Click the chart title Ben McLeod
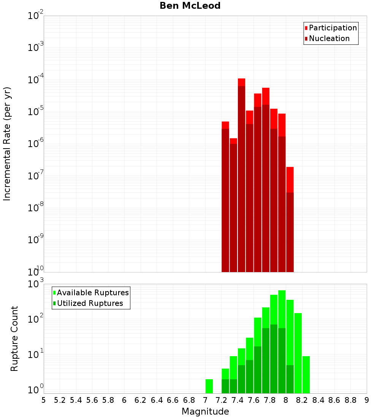pos(190,6)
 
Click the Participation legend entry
pos(332,28)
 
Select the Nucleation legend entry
pos(329,38)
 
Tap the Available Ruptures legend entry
pos(92,293)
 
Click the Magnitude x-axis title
pos(205,412)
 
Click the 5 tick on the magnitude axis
pos(44,400)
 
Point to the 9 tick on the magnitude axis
pos(367,400)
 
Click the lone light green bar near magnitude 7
pos(209,386)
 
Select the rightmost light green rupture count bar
pos(306,374)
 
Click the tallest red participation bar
pos(241,82)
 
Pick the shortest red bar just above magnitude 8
pos(290,179)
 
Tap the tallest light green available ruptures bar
pos(282,308)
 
